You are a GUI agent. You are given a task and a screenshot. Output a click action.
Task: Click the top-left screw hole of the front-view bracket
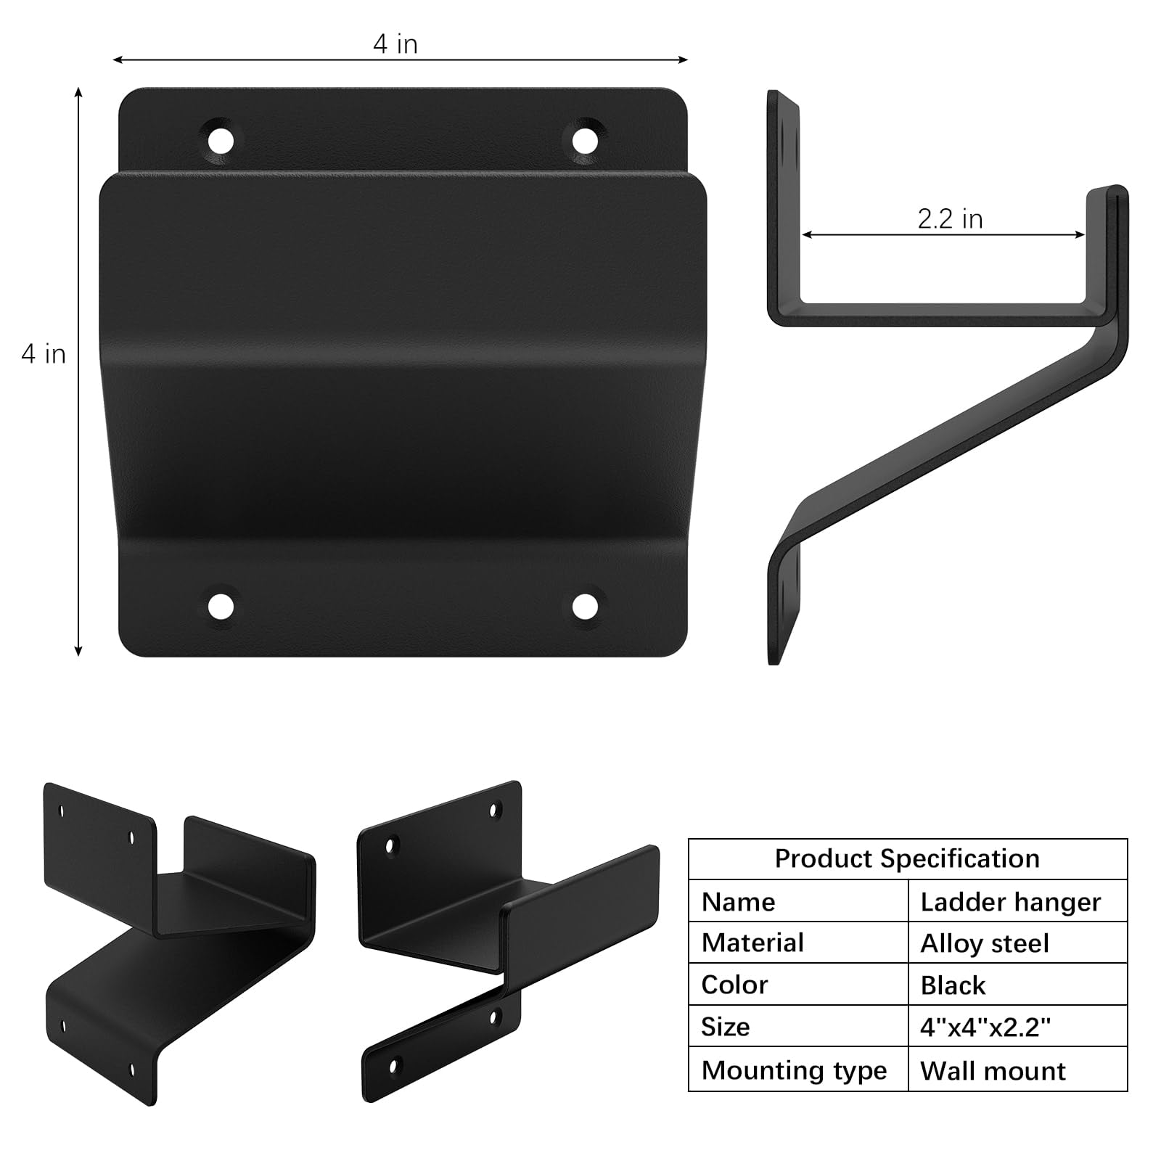[x=221, y=139]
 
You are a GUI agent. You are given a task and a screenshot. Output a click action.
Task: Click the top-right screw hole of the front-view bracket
[x=584, y=139]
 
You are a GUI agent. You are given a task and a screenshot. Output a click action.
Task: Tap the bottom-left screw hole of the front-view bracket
[x=221, y=606]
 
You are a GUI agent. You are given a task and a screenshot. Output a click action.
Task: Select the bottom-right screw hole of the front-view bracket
[x=584, y=606]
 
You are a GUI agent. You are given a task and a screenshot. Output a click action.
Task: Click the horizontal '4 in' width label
[x=395, y=44]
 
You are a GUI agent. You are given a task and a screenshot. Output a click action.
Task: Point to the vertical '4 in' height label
[x=44, y=354]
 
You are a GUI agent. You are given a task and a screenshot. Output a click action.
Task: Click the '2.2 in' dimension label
[x=950, y=219]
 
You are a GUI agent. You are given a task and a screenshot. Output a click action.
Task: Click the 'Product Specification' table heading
[x=907, y=858]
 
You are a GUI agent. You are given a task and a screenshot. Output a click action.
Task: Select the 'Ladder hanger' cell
[x=1010, y=902]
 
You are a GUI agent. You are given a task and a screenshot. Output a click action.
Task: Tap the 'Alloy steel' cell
[x=984, y=943]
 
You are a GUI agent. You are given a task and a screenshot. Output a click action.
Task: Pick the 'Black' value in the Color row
[x=953, y=985]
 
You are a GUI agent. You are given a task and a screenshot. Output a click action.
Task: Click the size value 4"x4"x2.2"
[x=985, y=1027]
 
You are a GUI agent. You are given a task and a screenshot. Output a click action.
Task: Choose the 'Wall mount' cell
[x=993, y=1070]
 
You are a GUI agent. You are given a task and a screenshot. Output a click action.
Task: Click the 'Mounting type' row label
[x=794, y=1070]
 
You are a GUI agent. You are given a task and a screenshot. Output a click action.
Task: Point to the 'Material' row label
[x=752, y=943]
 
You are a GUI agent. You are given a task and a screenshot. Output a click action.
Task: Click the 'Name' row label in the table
[x=738, y=902]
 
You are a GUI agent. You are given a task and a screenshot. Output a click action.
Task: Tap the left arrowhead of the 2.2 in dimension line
[x=805, y=234]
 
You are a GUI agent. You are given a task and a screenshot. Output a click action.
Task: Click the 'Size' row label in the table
[x=725, y=1027]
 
